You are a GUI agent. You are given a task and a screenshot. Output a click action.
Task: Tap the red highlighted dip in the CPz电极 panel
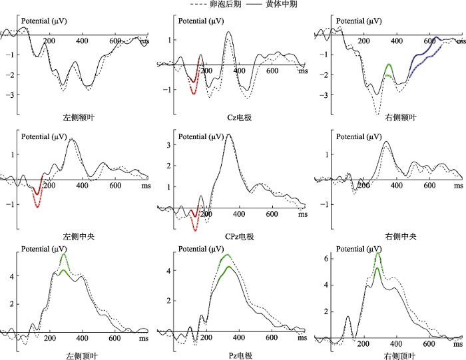point(194,220)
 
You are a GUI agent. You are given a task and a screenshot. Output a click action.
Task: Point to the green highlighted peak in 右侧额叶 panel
point(389,69)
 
